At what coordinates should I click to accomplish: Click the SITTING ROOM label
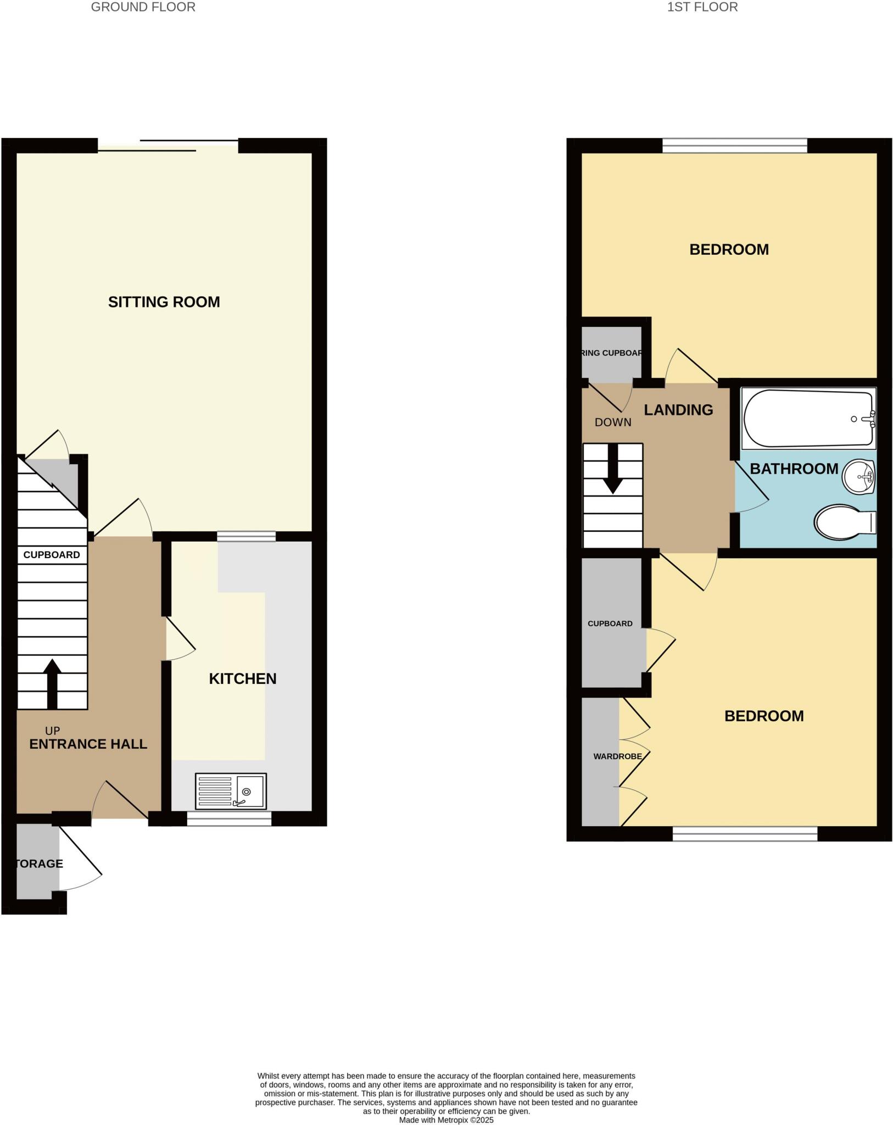point(164,302)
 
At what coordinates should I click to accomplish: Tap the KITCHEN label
point(242,678)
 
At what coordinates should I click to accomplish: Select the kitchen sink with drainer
point(231,791)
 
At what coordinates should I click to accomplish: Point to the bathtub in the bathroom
point(808,419)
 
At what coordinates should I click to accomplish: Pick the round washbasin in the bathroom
point(858,476)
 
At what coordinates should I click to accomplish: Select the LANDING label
point(678,410)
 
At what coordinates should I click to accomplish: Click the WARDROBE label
point(617,756)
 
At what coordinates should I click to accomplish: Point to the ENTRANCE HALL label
point(88,744)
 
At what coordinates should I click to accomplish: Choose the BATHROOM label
point(794,469)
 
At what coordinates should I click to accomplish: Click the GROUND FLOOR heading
point(143,7)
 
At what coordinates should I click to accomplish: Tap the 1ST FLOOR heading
point(702,7)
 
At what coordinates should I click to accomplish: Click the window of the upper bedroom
point(734,146)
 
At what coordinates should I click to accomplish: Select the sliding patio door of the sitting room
point(168,146)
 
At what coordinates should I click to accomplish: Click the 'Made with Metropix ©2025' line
point(446,1120)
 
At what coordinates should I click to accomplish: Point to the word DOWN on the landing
point(613,422)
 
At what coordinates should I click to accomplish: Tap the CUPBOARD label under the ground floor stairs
point(52,555)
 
